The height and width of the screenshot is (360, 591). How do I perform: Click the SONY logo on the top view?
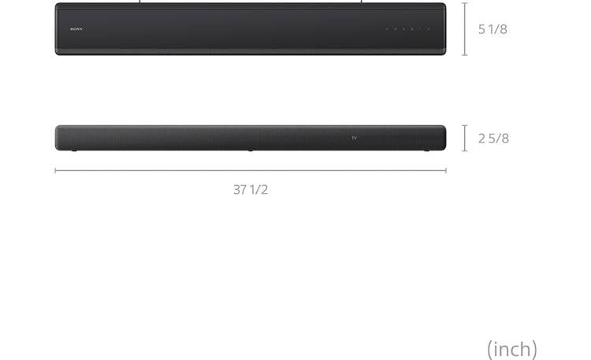click(x=76, y=29)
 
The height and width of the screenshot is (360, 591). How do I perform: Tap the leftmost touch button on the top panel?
click(x=387, y=29)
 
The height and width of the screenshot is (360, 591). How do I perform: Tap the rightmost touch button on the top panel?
click(x=429, y=29)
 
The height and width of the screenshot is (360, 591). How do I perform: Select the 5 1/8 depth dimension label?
click(x=492, y=29)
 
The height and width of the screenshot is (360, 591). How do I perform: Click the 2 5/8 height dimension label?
click(x=493, y=139)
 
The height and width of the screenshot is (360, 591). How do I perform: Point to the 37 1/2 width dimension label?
click(x=251, y=190)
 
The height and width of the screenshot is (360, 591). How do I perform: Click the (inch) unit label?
click(x=512, y=348)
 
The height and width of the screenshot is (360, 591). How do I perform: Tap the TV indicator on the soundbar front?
click(x=355, y=138)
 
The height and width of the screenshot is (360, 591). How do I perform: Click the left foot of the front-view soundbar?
click(x=75, y=150)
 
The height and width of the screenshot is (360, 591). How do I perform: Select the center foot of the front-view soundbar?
click(x=251, y=150)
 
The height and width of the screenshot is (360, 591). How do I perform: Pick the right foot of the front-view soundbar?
click(x=426, y=150)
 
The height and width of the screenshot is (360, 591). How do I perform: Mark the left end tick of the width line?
click(x=55, y=170)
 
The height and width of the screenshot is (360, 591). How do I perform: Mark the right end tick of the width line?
click(x=446, y=170)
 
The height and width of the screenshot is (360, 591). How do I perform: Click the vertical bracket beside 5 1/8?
click(x=465, y=29)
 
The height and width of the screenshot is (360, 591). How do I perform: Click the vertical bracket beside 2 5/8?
click(x=465, y=138)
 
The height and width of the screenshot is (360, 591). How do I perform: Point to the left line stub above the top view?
click(x=140, y=2)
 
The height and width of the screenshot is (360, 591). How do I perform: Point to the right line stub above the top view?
click(x=361, y=2)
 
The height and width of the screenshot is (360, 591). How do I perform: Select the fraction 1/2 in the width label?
click(x=259, y=190)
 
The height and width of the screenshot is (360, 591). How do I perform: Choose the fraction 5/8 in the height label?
click(x=500, y=139)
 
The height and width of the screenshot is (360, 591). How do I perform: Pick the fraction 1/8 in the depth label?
click(x=498, y=29)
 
